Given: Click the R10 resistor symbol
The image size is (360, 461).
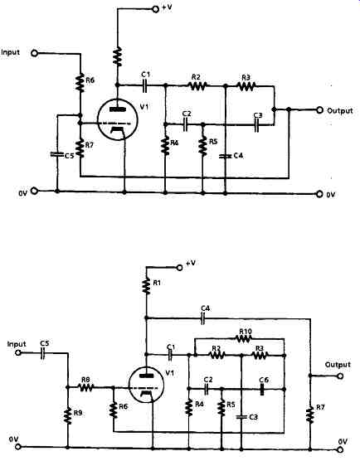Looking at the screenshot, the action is click(x=244, y=338).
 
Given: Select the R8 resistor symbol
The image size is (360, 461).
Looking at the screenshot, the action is click(x=86, y=387).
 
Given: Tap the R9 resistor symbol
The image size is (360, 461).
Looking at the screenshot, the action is click(x=68, y=415).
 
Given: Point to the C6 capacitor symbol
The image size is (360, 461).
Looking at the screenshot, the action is click(x=261, y=389).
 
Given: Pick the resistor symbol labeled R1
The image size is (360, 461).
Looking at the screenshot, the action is click(x=146, y=286).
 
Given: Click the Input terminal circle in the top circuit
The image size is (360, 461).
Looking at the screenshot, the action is click(x=35, y=53).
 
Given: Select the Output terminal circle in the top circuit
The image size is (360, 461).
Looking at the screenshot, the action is click(x=319, y=110).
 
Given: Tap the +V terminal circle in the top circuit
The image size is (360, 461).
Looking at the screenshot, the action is click(x=156, y=9).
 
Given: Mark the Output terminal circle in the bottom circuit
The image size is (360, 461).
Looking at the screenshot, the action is click(x=341, y=376).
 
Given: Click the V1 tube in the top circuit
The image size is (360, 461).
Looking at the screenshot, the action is click(x=117, y=119).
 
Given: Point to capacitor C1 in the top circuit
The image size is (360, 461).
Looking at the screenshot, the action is click(x=145, y=85).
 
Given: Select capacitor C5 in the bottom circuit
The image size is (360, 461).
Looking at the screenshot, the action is click(x=43, y=353).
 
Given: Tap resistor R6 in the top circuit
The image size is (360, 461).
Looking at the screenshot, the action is click(x=80, y=83).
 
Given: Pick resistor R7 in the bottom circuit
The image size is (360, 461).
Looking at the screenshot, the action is click(x=310, y=415).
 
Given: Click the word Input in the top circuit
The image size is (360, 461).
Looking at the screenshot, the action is click(x=11, y=52).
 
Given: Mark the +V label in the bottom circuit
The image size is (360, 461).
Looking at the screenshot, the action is click(x=191, y=263).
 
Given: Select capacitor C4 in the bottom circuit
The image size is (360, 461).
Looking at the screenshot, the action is click(x=202, y=318).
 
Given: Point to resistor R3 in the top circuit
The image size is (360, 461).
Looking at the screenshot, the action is click(x=246, y=86).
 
